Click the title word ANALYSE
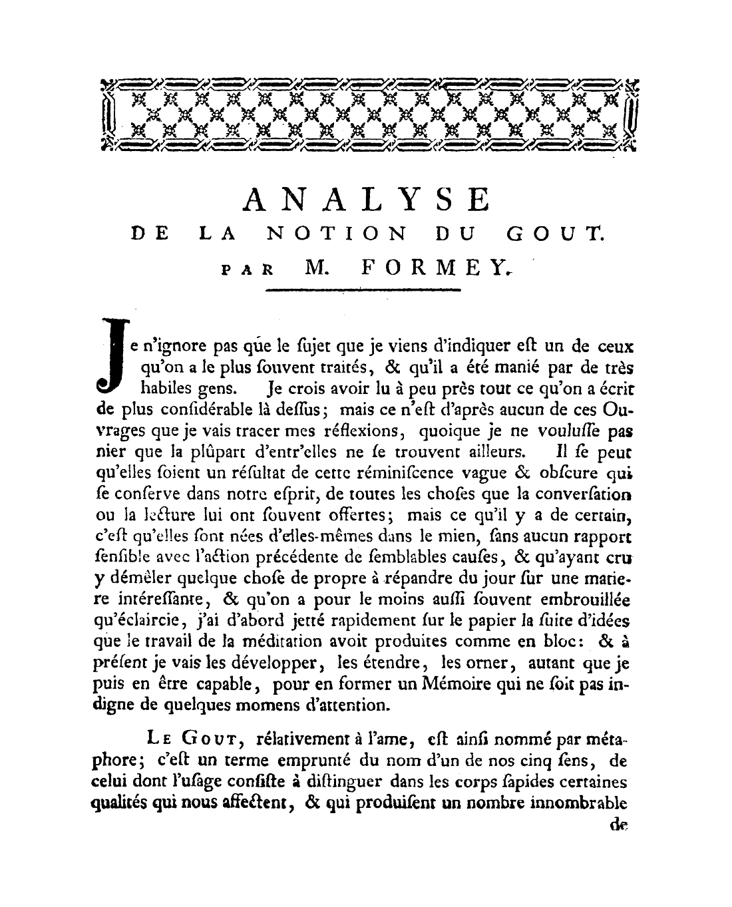point(367,199)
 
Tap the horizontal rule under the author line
point(363,290)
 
